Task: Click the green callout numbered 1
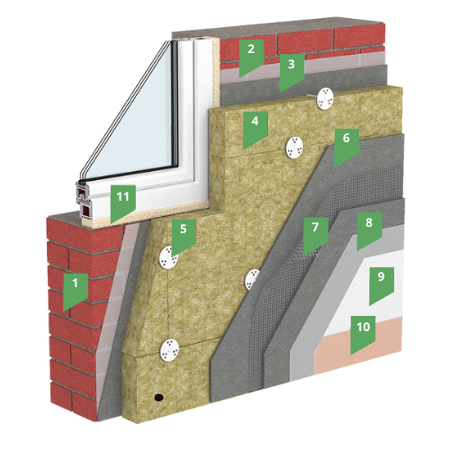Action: point(76,290)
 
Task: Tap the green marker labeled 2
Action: point(251,56)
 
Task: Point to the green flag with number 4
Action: point(255,128)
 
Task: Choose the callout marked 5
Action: point(184,236)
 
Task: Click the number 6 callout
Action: point(346,145)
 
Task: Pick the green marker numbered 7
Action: point(316,234)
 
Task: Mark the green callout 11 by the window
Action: point(123,202)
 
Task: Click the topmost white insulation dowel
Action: point(325,99)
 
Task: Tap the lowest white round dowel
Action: point(169,349)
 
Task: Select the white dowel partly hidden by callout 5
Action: point(166,257)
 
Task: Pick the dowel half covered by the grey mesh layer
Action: point(251,279)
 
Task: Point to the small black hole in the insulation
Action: point(158,398)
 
